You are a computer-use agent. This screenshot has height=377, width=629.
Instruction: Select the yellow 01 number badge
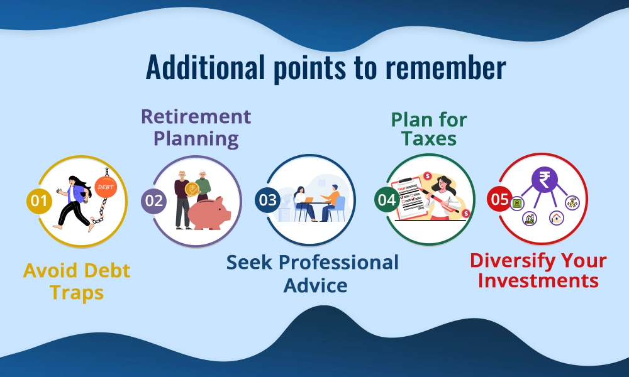click(x=39, y=201)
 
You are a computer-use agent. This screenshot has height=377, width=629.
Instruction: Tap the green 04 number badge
click(x=386, y=200)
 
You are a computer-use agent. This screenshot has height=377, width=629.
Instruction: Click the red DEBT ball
click(x=105, y=187)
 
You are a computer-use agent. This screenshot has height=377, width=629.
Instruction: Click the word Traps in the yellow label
click(x=77, y=293)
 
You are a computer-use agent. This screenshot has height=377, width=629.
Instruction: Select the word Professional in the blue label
click(x=340, y=262)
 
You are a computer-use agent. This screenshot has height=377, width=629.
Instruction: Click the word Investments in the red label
click(x=538, y=280)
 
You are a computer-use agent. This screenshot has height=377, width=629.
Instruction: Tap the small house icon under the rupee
click(x=557, y=217)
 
